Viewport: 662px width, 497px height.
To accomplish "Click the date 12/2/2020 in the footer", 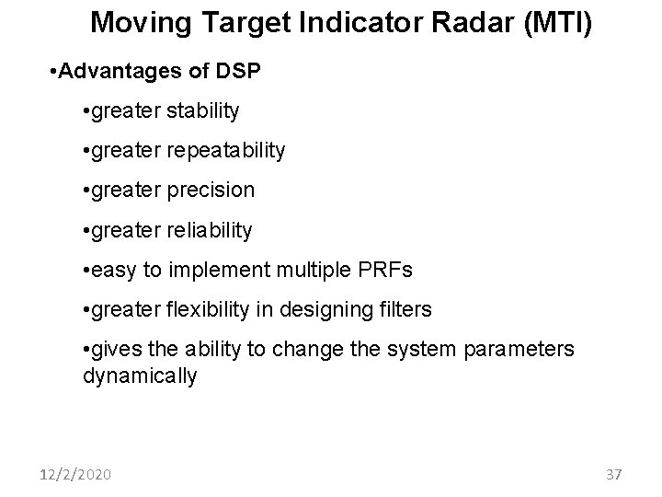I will point(76,475).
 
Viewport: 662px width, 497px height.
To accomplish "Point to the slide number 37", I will point(613,475).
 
